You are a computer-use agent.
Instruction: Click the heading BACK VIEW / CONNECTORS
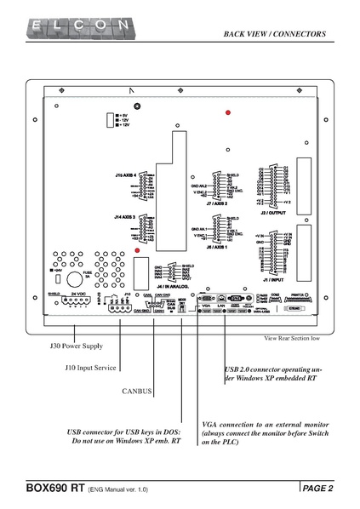pyautogui.click(x=275, y=34)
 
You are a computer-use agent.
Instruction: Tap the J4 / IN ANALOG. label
pyautogui.click(x=171, y=287)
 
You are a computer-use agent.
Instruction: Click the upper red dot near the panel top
pyautogui.click(x=227, y=113)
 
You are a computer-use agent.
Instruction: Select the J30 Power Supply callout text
pyautogui.click(x=75, y=346)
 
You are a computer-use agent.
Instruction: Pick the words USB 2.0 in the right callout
pyautogui.click(x=239, y=370)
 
